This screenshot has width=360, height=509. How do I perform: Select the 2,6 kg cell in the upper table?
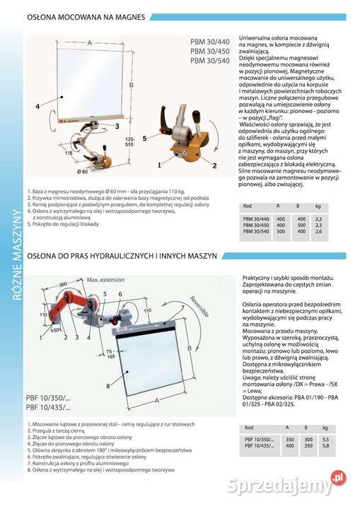coord(318,231)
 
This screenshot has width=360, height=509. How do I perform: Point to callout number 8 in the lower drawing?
coord(108,386)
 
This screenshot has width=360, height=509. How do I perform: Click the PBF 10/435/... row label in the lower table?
coord(257,447)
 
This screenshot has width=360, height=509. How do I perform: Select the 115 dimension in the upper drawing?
coord(68,153)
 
